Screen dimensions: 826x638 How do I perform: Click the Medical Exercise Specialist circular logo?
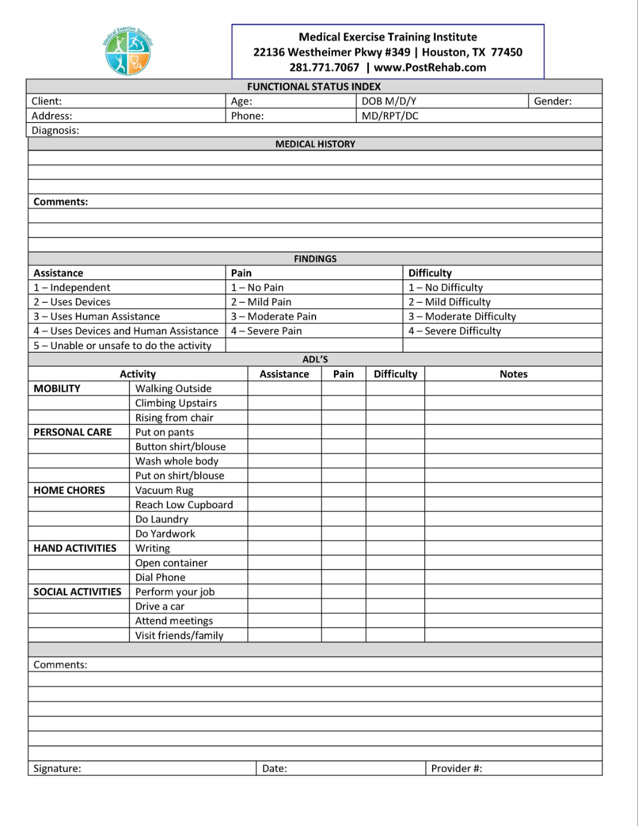point(128,52)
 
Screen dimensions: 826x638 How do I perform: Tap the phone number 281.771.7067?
point(324,68)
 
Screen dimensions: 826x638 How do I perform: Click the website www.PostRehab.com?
point(430,68)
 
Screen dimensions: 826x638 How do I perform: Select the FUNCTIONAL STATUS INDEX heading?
point(314,87)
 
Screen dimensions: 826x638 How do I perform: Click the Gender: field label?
point(553,102)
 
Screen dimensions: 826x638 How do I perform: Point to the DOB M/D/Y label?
point(388,102)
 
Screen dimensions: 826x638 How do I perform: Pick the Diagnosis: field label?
point(55,130)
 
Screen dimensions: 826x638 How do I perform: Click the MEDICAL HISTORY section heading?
point(315,144)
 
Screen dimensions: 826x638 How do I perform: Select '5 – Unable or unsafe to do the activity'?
point(122,345)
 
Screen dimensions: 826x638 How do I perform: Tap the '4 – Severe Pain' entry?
point(266,331)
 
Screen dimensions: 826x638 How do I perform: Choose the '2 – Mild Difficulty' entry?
point(449,302)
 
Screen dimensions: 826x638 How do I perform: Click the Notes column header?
point(513,374)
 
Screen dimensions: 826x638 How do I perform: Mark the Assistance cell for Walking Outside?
point(284,388)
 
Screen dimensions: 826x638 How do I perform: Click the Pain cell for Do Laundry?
point(343,519)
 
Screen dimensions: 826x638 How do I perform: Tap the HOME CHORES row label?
point(69,490)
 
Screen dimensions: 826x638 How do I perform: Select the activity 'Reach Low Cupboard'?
point(184,505)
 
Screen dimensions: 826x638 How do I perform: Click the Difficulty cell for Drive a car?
point(395,606)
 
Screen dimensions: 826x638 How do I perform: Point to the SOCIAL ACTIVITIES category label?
point(77,592)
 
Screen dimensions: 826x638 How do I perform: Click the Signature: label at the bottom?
point(57,769)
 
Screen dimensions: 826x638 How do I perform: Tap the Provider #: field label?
point(456,769)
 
